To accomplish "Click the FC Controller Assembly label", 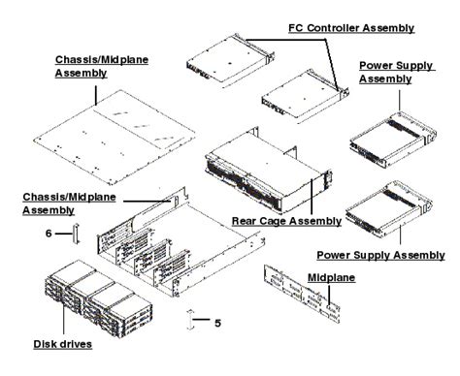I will click(x=352, y=27).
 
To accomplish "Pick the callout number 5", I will click(x=218, y=322).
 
